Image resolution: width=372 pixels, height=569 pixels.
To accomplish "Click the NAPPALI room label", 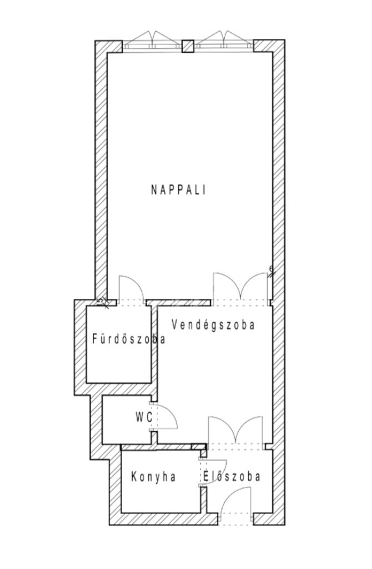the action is coord(178,190).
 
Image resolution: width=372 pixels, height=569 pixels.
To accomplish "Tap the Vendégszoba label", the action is coord(213,325).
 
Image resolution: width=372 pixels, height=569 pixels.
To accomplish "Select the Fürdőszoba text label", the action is coord(129,339).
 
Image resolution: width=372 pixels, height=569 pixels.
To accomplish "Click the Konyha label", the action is coord(154,476).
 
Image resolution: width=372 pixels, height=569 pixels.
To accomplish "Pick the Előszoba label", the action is coord(232,476).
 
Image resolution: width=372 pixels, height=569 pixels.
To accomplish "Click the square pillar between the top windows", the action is coord(188,46).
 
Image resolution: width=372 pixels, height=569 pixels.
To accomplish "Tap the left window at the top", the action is coord(152,40).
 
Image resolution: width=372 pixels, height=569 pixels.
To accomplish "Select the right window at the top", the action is coord(224,40).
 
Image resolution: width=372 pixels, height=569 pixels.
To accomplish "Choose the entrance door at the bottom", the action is coord(235,505).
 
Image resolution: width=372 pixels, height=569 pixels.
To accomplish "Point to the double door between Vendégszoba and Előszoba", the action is coord(235,431).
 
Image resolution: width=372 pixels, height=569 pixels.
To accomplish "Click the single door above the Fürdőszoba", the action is coord(131,290).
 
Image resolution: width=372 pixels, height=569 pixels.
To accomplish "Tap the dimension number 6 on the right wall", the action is coord(271,268).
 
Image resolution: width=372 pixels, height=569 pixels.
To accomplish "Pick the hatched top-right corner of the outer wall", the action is coord(268,46).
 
